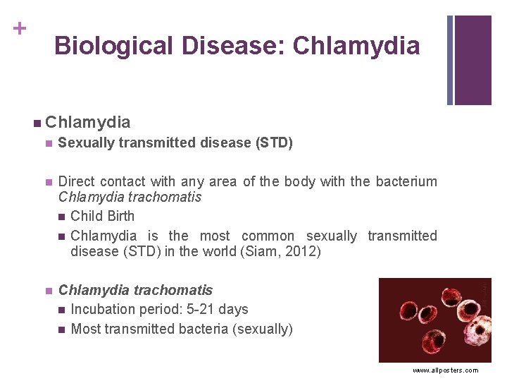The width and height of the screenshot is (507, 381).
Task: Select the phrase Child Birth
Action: click(x=103, y=216)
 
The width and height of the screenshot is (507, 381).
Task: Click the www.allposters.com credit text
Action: click(x=445, y=370)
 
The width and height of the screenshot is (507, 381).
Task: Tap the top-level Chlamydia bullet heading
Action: click(x=88, y=122)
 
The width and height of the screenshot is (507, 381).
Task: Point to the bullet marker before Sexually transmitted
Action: click(x=48, y=144)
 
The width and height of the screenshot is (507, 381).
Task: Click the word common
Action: click(x=268, y=236)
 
